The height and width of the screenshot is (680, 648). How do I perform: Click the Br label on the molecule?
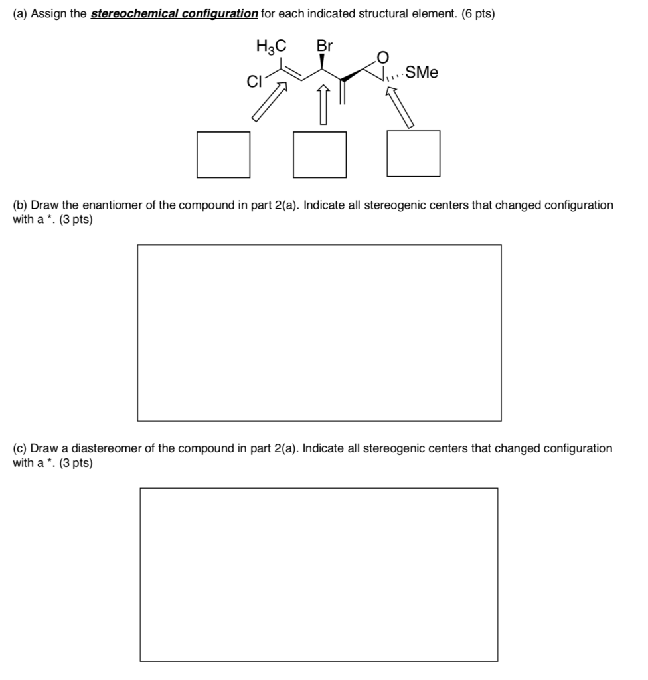324,46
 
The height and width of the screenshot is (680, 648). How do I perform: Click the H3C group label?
271,46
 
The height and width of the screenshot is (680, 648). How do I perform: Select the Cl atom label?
254,82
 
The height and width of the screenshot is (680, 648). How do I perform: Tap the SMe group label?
422,73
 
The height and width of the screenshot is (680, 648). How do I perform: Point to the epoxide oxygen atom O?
381,56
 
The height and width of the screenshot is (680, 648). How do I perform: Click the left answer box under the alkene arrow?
223,155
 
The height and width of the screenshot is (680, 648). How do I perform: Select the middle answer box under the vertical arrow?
320,155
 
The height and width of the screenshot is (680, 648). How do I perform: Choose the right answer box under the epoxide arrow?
413,153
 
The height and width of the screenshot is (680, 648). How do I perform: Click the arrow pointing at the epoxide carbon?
401,108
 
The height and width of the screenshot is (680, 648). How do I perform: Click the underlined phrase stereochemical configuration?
174,14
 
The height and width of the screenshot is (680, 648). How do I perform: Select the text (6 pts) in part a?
477,14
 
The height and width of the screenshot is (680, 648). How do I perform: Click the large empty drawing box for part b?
319,333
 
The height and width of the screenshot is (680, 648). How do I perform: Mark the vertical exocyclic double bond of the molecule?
343,92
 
